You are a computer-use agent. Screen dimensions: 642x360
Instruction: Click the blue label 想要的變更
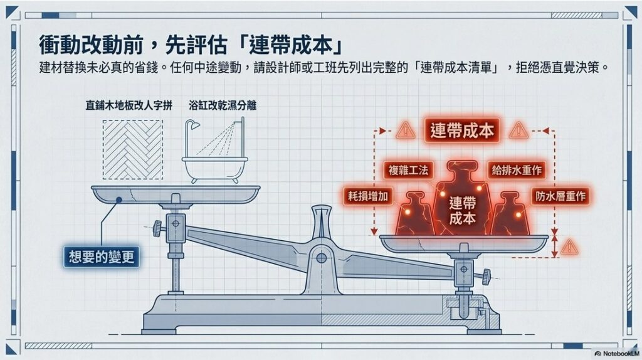[x=101, y=257]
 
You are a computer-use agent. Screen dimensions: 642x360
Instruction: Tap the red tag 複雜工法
[x=408, y=169]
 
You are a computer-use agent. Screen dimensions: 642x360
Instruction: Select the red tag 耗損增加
[x=367, y=196]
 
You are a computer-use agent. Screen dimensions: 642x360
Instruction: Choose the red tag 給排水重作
[x=517, y=169]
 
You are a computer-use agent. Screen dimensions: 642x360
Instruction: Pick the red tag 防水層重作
[x=560, y=196]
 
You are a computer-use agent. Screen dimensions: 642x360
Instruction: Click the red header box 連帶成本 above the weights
[x=462, y=130]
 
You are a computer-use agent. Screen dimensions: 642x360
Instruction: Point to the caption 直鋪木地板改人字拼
[x=129, y=105]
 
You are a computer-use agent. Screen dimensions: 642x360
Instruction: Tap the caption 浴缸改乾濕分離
[x=223, y=105]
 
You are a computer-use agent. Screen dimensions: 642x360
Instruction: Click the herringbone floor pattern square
[x=133, y=149]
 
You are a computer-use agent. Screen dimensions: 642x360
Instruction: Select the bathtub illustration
[x=215, y=169]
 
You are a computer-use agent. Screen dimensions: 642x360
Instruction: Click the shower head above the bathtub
[x=193, y=125]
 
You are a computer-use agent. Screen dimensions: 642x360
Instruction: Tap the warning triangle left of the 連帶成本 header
[x=406, y=130]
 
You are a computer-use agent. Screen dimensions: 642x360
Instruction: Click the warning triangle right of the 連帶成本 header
[x=518, y=130]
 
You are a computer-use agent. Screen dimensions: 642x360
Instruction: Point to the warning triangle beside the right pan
[x=569, y=247]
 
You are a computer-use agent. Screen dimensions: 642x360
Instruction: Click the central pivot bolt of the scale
[x=322, y=258]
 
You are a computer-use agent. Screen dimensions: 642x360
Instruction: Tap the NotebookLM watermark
[x=616, y=353]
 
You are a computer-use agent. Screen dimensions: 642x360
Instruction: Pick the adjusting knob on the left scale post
[x=157, y=228]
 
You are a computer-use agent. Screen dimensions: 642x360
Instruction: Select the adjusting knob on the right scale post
[x=486, y=277]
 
